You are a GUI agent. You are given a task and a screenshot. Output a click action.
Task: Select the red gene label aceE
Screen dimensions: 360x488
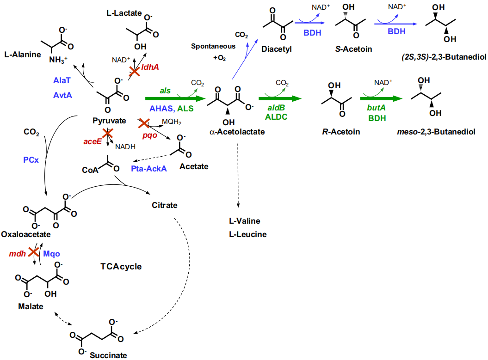pyautogui.click(x=93, y=142)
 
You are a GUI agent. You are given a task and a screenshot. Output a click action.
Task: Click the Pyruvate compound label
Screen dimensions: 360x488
pyautogui.click(x=109, y=121)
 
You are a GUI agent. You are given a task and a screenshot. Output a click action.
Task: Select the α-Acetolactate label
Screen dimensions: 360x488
pyautogui.click(x=237, y=132)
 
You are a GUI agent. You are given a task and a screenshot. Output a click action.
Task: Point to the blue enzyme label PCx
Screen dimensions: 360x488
pyautogui.click(x=31, y=159)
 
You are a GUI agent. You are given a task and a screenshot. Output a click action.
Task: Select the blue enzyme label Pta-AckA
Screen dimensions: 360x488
pyautogui.click(x=149, y=169)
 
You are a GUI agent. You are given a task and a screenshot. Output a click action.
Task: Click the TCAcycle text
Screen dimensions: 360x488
pyautogui.click(x=121, y=267)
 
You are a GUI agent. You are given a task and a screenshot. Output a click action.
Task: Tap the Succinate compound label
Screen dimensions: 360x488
pyautogui.click(x=108, y=355)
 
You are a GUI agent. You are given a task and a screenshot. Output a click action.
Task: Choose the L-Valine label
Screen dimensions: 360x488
pyautogui.click(x=245, y=221)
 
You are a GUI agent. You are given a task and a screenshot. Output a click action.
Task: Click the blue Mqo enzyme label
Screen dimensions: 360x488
pyautogui.click(x=52, y=254)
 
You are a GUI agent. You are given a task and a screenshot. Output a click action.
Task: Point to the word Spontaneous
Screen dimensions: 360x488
pyautogui.click(x=213, y=47)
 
